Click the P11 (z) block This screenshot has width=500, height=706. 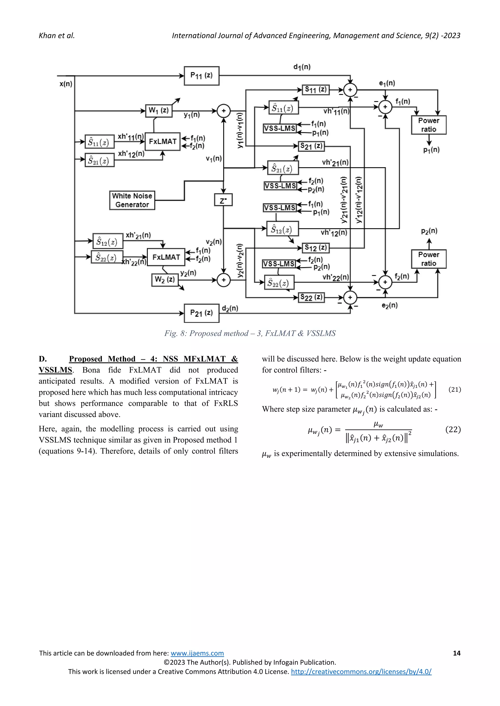pyautogui.click(x=201, y=76)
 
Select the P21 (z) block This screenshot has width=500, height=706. pyautogui.click(x=201, y=313)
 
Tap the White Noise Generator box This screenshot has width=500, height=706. pyautogui.click(x=132, y=200)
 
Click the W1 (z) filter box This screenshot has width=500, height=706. pyautogui.click(x=158, y=111)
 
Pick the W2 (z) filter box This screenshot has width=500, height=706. pyautogui.click(x=165, y=280)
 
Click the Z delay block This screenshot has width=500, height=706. pyautogui.click(x=223, y=200)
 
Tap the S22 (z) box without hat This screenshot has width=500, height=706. pyautogui.click(x=311, y=297)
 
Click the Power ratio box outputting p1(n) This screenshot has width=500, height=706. pyautogui.click(x=428, y=125)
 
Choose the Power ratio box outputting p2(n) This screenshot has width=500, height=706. pyautogui.click(x=428, y=259)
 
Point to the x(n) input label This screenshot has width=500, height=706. pyautogui.click(x=66, y=84)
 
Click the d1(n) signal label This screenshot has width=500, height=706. pyautogui.click(x=302, y=67)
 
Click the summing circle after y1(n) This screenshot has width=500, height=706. pyautogui.click(x=224, y=111)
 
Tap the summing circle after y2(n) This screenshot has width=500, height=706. pyautogui.click(x=224, y=280)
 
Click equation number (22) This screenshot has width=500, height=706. pyautogui.click(x=453, y=430)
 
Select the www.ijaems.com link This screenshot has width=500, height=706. pyautogui.click(x=197, y=653)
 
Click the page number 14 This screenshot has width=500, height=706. pyautogui.click(x=457, y=653)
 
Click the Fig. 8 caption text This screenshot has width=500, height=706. pyautogui.click(x=250, y=333)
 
